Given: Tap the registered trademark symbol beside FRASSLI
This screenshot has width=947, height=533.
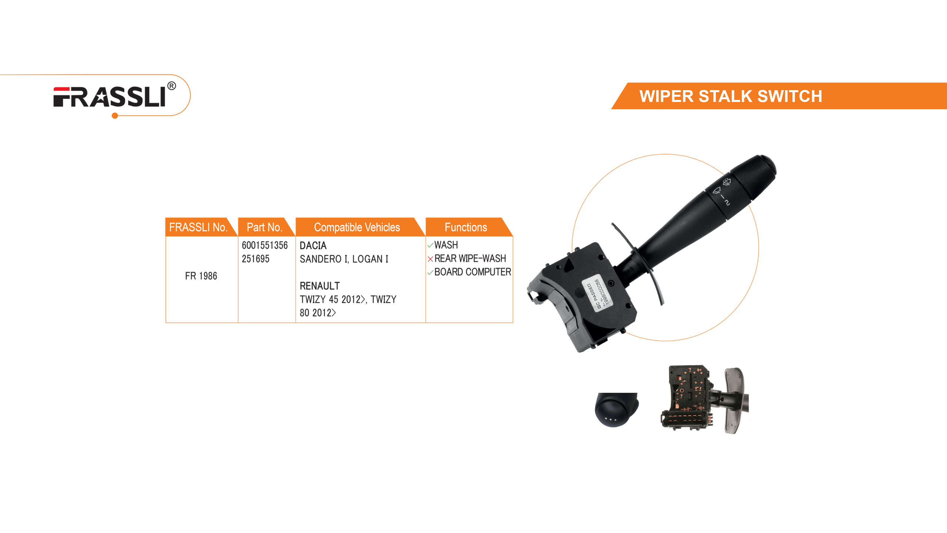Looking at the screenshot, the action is pyautogui.click(x=172, y=86).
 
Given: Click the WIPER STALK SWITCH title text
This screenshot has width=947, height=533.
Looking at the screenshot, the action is pyautogui.click(x=731, y=96).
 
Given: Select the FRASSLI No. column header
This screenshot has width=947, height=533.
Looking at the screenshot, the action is pyautogui.click(x=198, y=227).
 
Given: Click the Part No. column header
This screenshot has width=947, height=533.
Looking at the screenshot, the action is pyautogui.click(x=264, y=227).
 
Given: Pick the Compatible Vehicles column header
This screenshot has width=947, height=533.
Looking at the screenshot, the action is pyautogui.click(x=357, y=227).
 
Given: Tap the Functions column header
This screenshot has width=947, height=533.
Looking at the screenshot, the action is pyautogui.click(x=466, y=227).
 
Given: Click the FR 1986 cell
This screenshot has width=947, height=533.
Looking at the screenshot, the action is pyautogui.click(x=201, y=276).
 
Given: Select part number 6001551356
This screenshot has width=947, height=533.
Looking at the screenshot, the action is pyautogui.click(x=265, y=245).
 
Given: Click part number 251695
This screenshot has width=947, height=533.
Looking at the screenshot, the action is pyautogui.click(x=256, y=259).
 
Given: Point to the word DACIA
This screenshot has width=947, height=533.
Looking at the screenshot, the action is pyautogui.click(x=313, y=245).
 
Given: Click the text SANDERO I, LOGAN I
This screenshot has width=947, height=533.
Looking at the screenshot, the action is pyautogui.click(x=344, y=259).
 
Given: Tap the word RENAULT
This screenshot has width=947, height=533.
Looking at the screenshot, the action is pyautogui.click(x=320, y=286).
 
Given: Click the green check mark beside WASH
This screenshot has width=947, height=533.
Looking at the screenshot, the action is pyautogui.click(x=430, y=245).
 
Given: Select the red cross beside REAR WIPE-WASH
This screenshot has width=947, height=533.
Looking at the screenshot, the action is pyautogui.click(x=430, y=259).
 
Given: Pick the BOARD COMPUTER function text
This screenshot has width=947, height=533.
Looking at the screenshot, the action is pyautogui.click(x=472, y=272).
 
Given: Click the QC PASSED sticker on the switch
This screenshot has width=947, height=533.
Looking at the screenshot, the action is pyautogui.click(x=597, y=293).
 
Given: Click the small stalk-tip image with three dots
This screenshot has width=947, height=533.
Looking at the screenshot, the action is pyautogui.click(x=617, y=410).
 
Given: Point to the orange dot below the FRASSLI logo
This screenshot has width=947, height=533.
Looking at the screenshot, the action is pyautogui.click(x=115, y=116).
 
